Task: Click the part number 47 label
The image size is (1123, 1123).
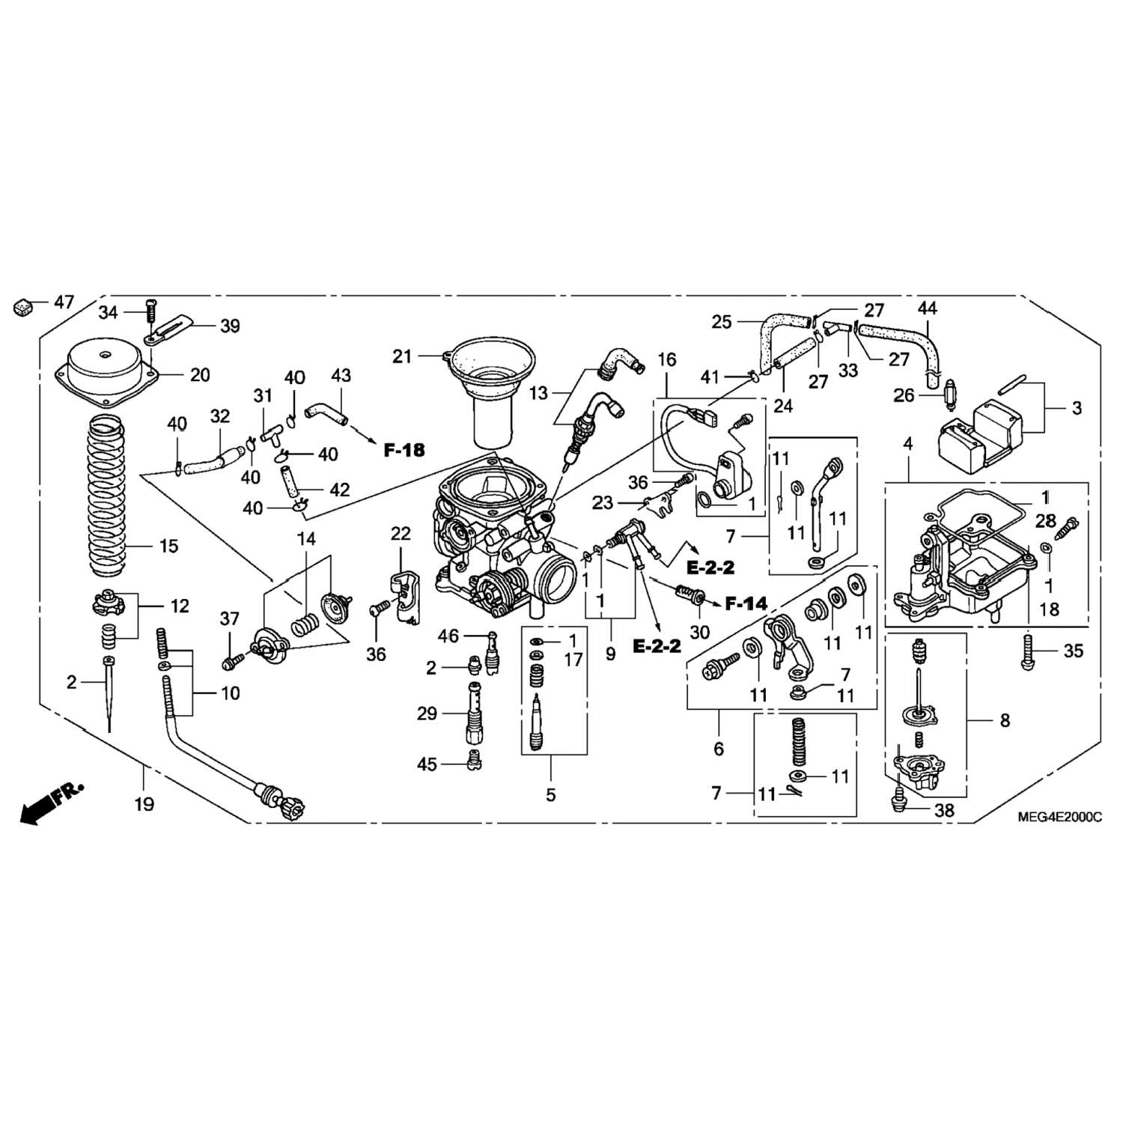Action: (x=64, y=302)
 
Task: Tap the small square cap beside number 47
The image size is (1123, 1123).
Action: (x=23, y=306)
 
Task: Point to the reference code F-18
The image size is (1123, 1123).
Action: (x=404, y=450)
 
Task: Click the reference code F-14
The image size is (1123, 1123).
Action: (x=746, y=603)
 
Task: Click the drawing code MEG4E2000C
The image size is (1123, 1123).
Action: (x=1059, y=817)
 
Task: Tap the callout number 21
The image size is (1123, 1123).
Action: (x=403, y=357)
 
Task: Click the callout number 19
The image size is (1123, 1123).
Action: (x=144, y=804)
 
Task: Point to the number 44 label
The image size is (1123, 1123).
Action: (x=928, y=308)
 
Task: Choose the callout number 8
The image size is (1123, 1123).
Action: (x=1005, y=720)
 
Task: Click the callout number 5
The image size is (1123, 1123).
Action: (x=551, y=794)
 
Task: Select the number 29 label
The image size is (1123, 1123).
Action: (x=427, y=713)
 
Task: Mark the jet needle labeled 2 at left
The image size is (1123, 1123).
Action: (x=109, y=693)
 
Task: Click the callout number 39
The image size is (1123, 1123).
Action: (x=230, y=326)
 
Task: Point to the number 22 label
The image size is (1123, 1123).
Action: (x=401, y=534)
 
